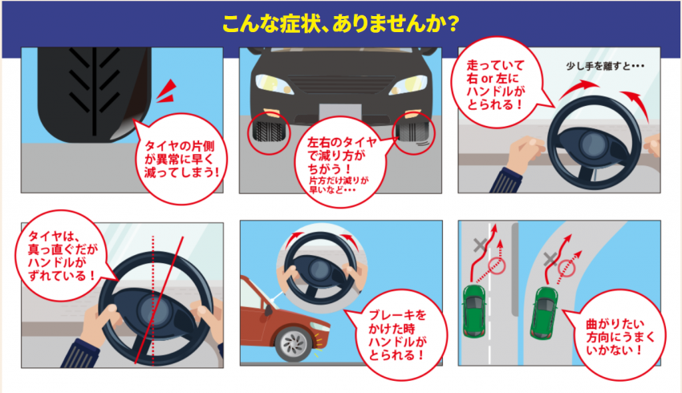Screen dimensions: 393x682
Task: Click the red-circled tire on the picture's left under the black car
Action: click(x=267, y=136)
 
